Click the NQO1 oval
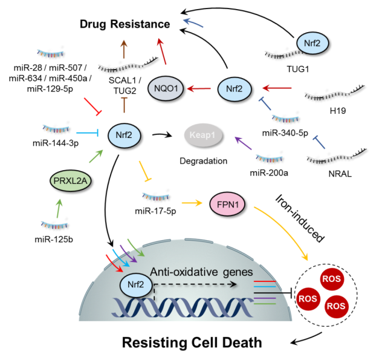tap(166, 88)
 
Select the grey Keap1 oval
tap(202, 135)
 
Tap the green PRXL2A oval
tap(70, 180)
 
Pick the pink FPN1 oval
tap(228, 205)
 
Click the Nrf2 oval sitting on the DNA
tap(135, 284)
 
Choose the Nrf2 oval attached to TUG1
tap(312, 43)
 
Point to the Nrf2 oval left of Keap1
tap(124, 135)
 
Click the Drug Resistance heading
tap(125, 24)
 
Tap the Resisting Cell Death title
tap(192, 342)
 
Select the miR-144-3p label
tap(56, 143)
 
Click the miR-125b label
tap(54, 240)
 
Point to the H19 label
tap(338, 111)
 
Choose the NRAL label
tap(340, 174)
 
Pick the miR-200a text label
tap(269, 173)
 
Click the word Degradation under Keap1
tap(204, 161)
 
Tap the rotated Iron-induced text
tap(300, 218)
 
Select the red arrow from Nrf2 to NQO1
tap(199, 88)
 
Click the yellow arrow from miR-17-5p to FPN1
tap(192, 203)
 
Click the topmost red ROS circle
tap(331, 278)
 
